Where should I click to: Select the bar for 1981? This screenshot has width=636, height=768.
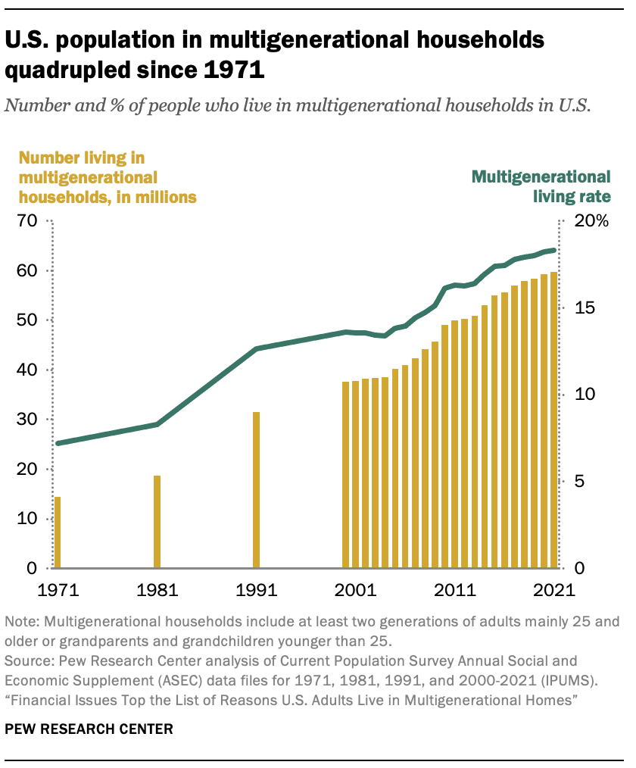(x=157, y=522)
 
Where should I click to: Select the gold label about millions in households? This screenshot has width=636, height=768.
(x=107, y=177)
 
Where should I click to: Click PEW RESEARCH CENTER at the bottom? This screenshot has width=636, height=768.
(x=89, y=730)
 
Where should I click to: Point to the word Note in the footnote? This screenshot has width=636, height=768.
(x=21, y=622)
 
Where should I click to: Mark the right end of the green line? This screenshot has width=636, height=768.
(x=555, y=250)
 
